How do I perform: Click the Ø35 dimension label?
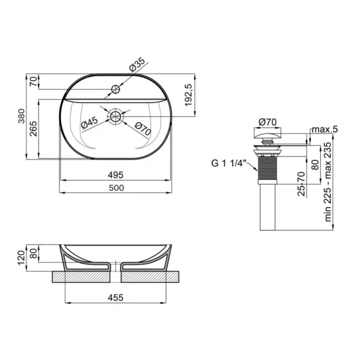tap(137, 64)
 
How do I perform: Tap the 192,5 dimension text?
tap(188, 95)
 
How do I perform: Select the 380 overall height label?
tap(21, 116)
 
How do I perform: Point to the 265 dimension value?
tap(33, 129)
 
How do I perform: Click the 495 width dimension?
tap(116, 175)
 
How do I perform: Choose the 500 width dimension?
tap(116, 188)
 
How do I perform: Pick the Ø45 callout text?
tap(89, 123)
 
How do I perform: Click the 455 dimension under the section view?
tap(116, 298)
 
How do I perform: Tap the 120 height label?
tap(21, 258)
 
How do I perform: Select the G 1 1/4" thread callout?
tap(229, 163)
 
